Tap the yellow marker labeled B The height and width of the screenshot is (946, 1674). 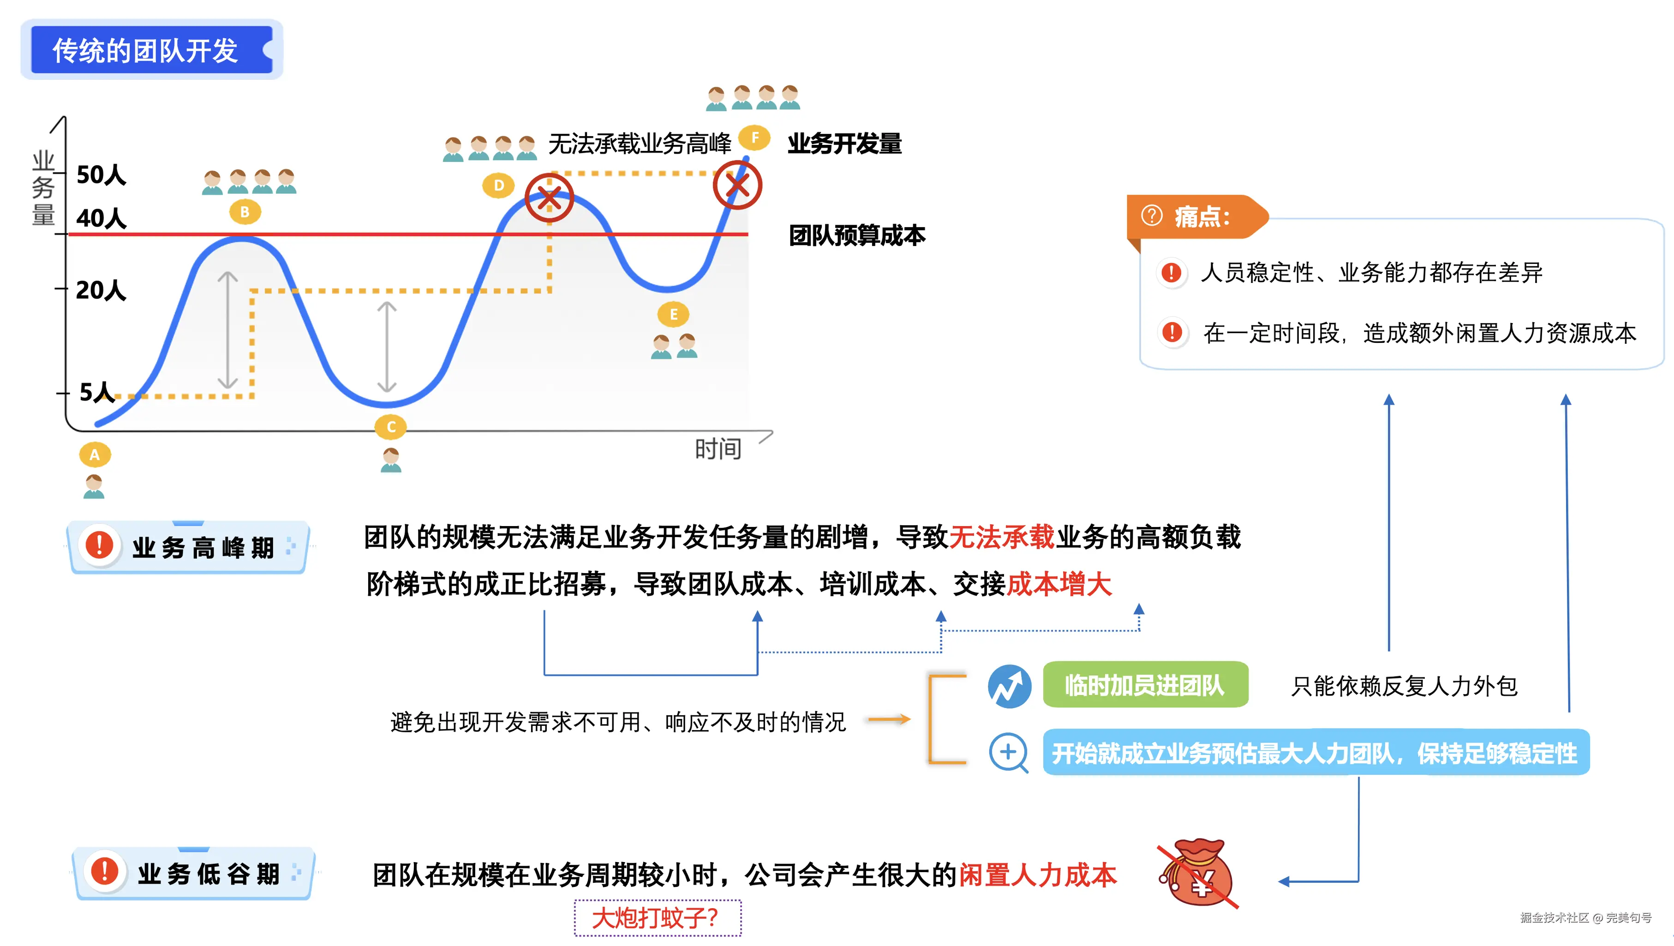tap(245, 212)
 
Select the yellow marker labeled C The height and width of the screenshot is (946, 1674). tap(391, 427)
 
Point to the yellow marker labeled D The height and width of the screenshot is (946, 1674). tap(498, 185)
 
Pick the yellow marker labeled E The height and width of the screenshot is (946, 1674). tap(673, 314)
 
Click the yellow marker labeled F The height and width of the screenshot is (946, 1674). tap(754, 138)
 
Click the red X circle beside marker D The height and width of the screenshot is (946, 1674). tap(549, 198)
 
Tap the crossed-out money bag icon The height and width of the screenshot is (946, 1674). tap(1199, 873)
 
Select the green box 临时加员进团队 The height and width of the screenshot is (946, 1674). tap(1145, 685)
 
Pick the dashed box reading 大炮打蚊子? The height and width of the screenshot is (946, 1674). tap(657, 917)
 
